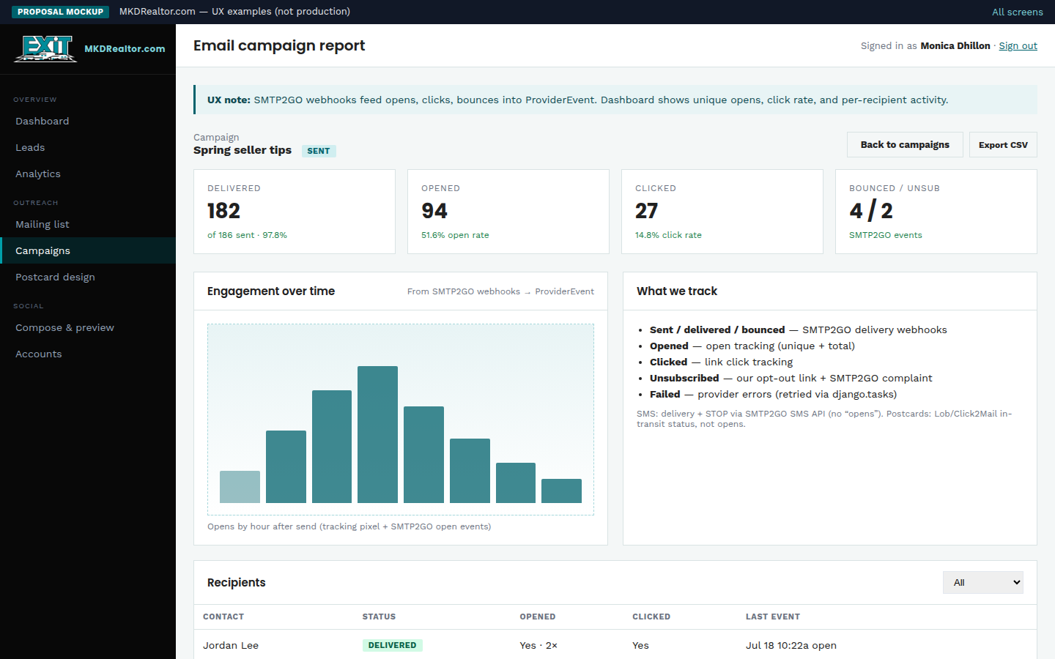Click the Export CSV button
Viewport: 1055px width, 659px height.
[1003, 144]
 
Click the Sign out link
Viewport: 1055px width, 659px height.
[1018, 45]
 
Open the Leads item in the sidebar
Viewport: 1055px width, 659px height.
[30, 147]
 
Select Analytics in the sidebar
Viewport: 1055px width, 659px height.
[38, 174]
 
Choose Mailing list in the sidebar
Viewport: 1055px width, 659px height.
[42, 225]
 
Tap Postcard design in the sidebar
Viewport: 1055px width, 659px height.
[55, 278]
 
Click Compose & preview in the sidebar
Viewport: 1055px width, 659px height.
[64, 327]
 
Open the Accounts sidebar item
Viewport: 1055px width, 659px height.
[39, 354]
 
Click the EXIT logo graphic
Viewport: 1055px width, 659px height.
[45, 48]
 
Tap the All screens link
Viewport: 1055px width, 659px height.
[1018, 12]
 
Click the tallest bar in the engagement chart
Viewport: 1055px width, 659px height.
[377, 434]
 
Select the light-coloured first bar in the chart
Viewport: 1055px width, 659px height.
[240, 487]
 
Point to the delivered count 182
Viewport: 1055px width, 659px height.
[223, 210]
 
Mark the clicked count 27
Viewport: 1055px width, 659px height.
[646, 210]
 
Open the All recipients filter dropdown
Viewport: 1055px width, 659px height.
[983, 582]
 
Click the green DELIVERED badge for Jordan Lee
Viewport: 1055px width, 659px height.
[393, 645]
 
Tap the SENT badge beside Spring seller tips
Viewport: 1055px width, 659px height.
[319, 151]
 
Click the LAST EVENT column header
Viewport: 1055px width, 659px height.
[772, 617]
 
